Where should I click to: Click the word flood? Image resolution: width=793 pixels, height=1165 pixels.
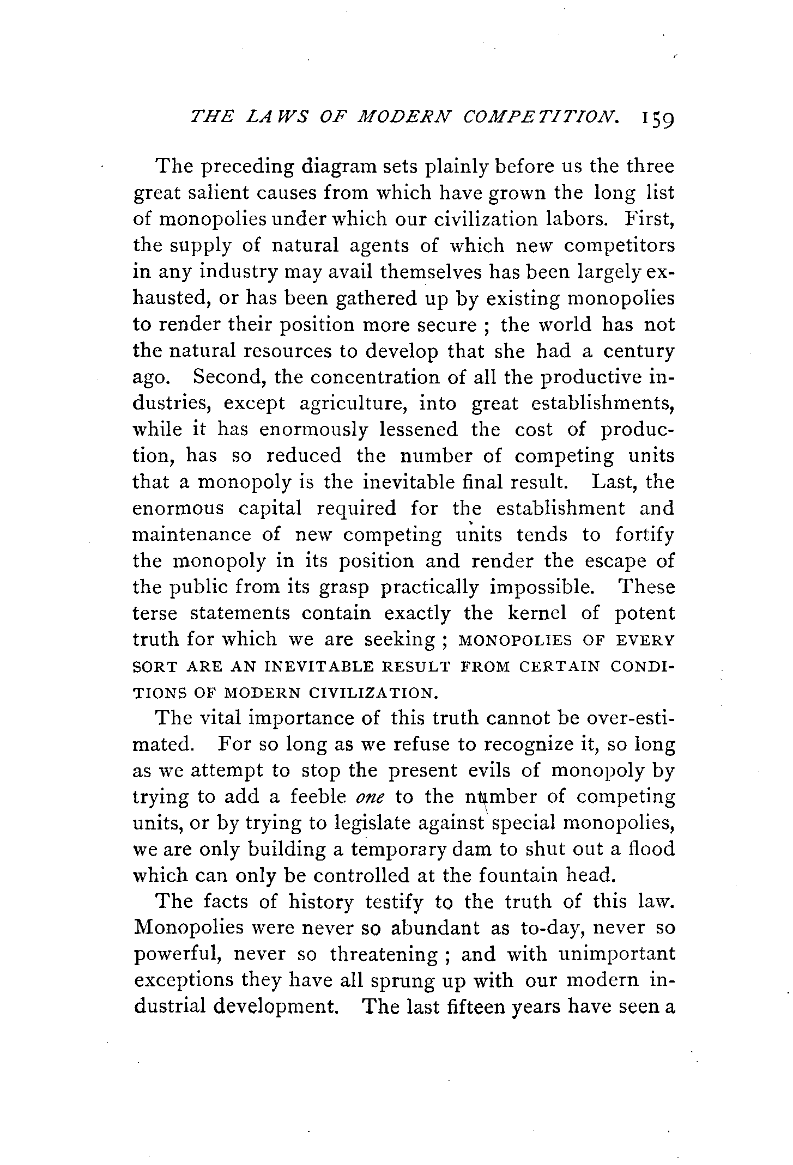tap(651, 849)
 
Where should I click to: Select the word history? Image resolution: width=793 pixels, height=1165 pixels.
tap(321, 902)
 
